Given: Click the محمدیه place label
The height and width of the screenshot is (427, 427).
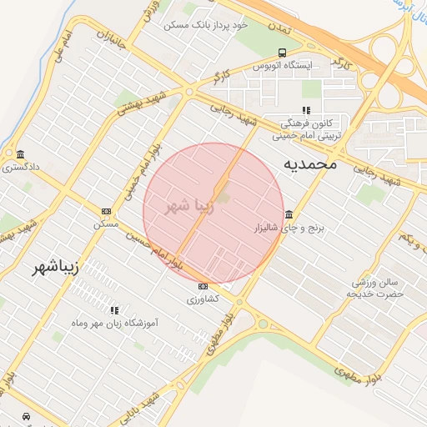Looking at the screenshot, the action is [310, 163].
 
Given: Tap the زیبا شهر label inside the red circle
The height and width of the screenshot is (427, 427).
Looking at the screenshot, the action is [179, 205].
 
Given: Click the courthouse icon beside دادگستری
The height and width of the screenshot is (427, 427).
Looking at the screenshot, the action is [20, 154].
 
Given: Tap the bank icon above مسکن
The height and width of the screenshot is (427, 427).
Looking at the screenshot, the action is [106, 212].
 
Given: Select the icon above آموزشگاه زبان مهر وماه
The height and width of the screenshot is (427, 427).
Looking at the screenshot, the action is [114, 310].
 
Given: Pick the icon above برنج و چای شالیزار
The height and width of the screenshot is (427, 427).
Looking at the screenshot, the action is [289, 214].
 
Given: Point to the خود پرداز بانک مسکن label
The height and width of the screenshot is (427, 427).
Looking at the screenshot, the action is [207, 26].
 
